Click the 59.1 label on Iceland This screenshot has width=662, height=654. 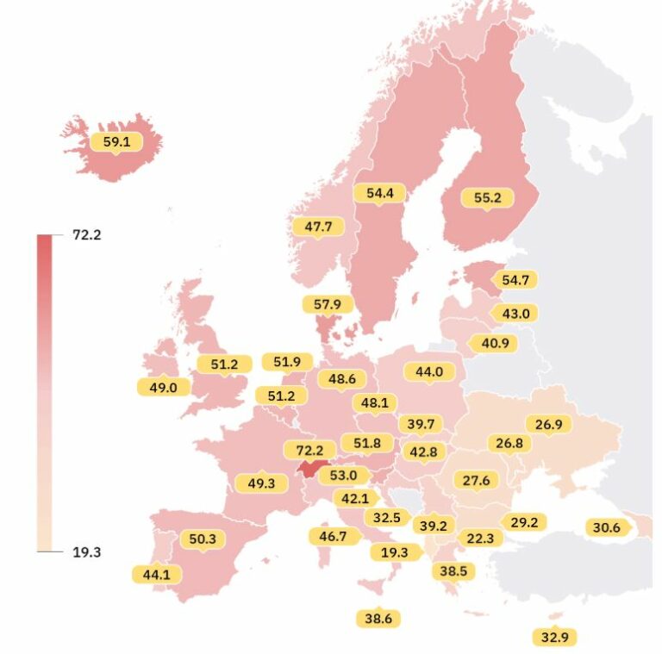pyautogui.click(x=116, y=141)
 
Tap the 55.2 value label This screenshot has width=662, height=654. pyautogui.click(x=487, y=197)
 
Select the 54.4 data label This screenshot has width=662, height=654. pyautogui.click(x=379, y=193)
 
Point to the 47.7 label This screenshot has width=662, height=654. pyautogui.click(x=318, y=227)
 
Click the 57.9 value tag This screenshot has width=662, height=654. pyautogui.click(x=328, y=304)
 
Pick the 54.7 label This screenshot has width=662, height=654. pyautogui.click(x=515, y=279)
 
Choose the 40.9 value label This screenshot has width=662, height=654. pyautogui.click(x=495, y=343)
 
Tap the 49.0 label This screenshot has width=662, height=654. pyautogui.click(x=163, y=387)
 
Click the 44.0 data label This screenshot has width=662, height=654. pyautogui.click(x=428, y=372)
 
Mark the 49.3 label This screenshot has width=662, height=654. pyautogui.click(x=261, y=483)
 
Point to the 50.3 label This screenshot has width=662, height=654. pyautogui.click(x=203, y=539)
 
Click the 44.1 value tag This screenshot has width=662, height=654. pyautogui.click(x=156, y=573)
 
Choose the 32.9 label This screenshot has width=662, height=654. pyautogui.click(x=555, y=638)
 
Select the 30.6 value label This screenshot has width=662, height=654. pyautogui.click(x=605, y=527)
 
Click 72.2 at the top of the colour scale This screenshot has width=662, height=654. pyautogui.click(x=87, y=235)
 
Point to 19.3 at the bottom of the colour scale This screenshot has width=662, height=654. pyautogui.click(x=87, y=551)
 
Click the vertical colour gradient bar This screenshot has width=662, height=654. pyautogui.click(x=45, y=393)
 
